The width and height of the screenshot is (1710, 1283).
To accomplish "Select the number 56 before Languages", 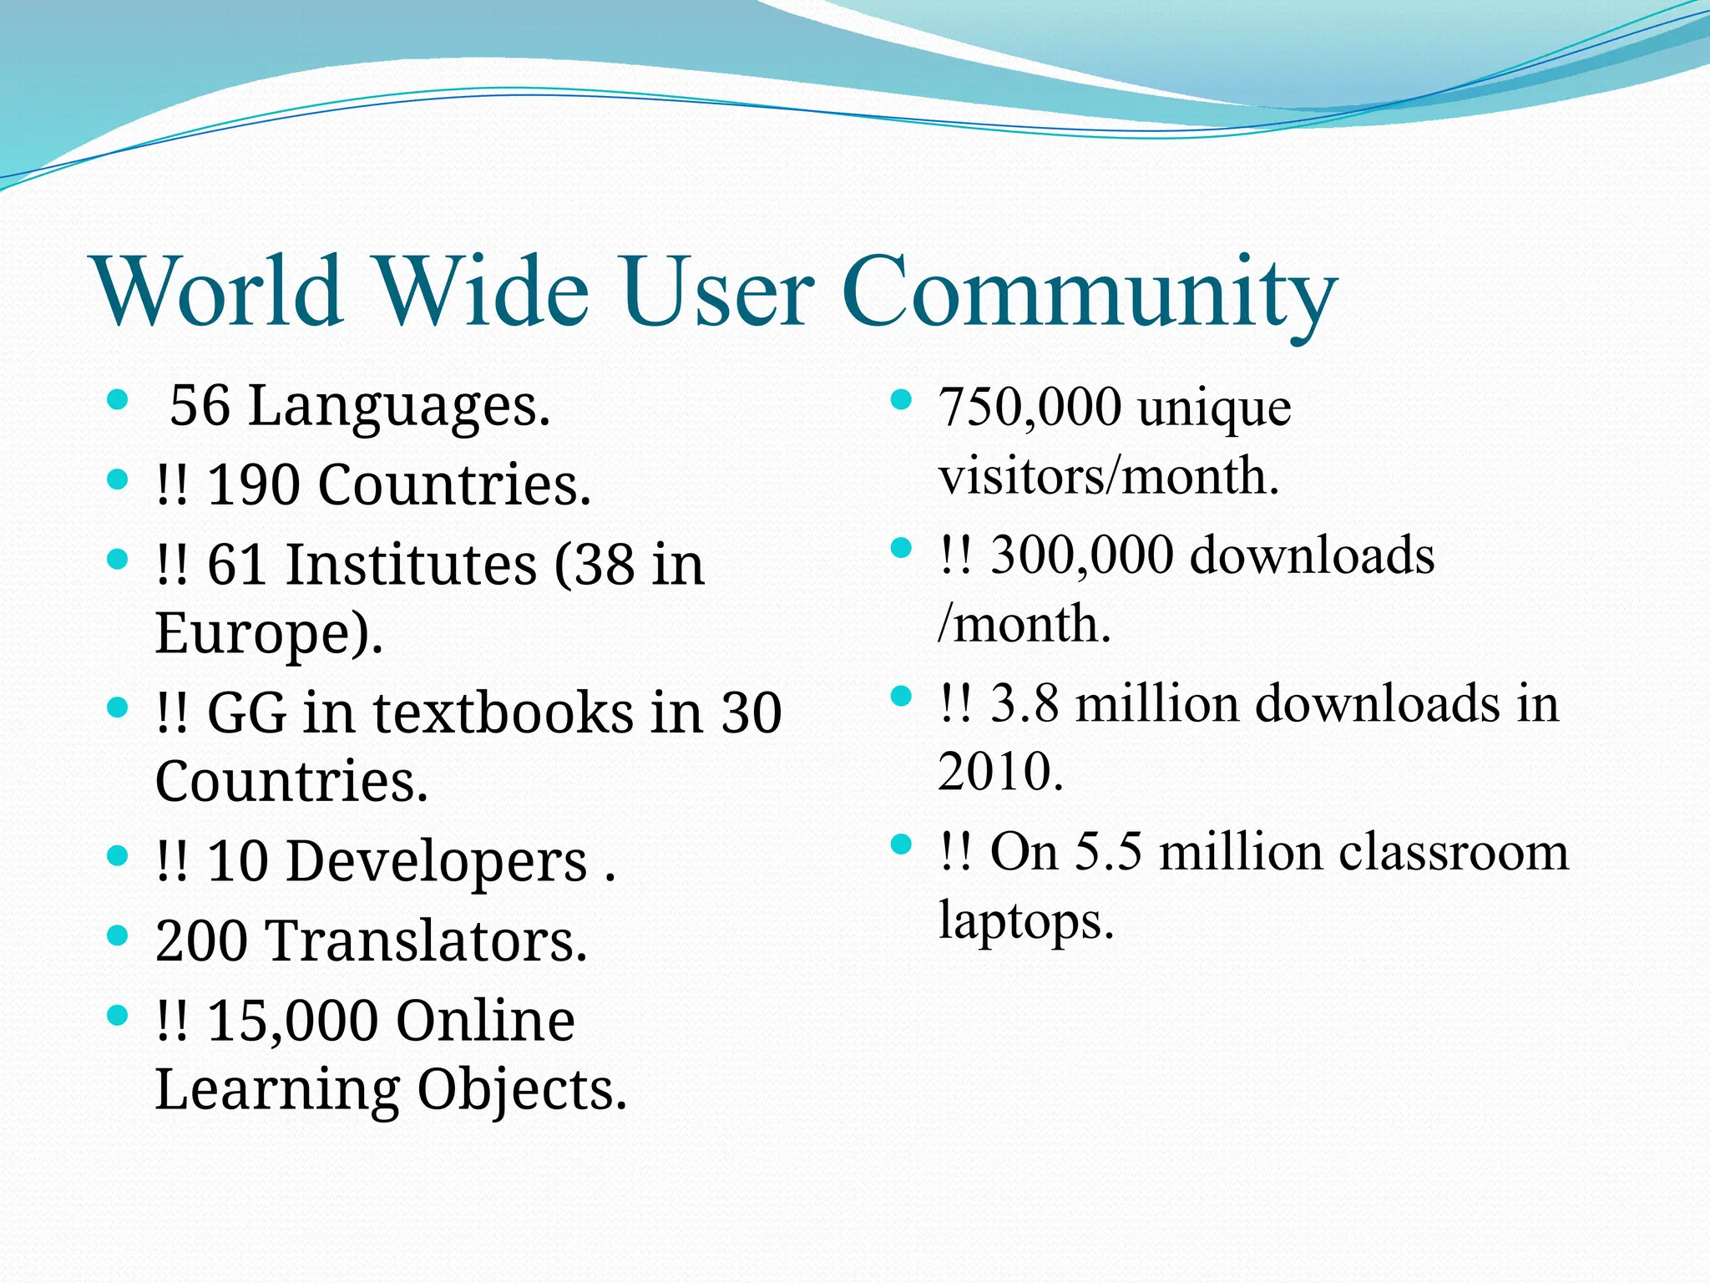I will tap(200, 406).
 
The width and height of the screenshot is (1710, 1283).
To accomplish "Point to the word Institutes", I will tap(412, 565).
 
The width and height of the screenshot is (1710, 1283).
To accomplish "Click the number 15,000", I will tap(292, 1021).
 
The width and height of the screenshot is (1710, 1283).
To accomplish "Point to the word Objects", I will tap(520, 1090).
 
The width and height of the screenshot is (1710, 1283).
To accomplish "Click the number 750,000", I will tap(1030, 408).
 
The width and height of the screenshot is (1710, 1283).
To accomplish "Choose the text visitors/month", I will tap(1108, 476).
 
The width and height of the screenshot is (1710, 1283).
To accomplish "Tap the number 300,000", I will tap(1081, 555).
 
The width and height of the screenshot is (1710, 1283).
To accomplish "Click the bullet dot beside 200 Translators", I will tap(118, 936).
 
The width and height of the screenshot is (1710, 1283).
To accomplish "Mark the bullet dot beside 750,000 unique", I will tap(900, 400).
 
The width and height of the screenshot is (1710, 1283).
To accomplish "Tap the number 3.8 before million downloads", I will tap(1024, 703).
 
